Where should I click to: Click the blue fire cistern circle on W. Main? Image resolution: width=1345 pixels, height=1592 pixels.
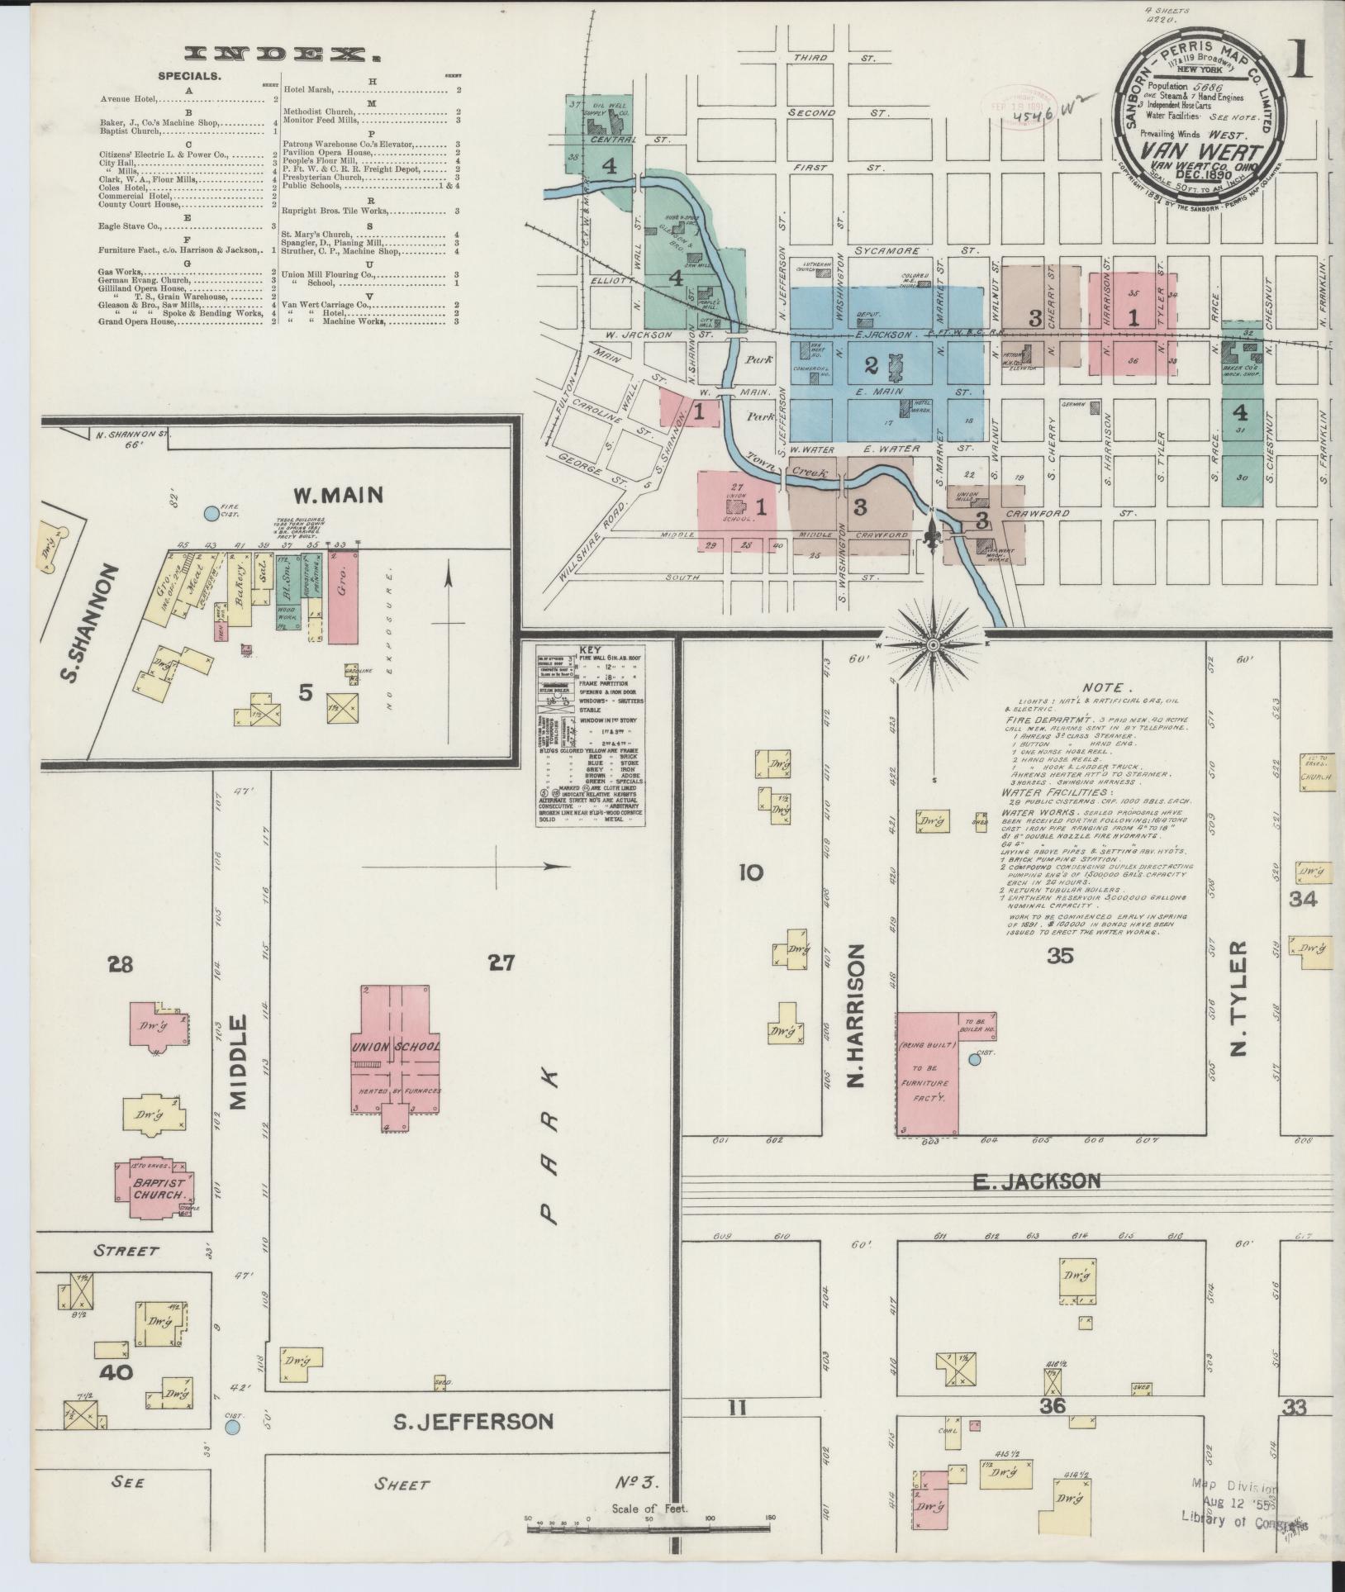(211, 514)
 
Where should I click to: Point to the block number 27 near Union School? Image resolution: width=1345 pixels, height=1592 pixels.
(501, 962)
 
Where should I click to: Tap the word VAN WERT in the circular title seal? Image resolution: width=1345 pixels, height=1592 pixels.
(1200, 154)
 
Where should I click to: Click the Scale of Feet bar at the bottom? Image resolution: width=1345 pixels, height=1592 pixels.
(649, 1526)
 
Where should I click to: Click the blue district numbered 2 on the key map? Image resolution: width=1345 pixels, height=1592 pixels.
(870, 364)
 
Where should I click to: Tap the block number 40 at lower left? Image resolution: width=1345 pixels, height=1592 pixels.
(115, 1373)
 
